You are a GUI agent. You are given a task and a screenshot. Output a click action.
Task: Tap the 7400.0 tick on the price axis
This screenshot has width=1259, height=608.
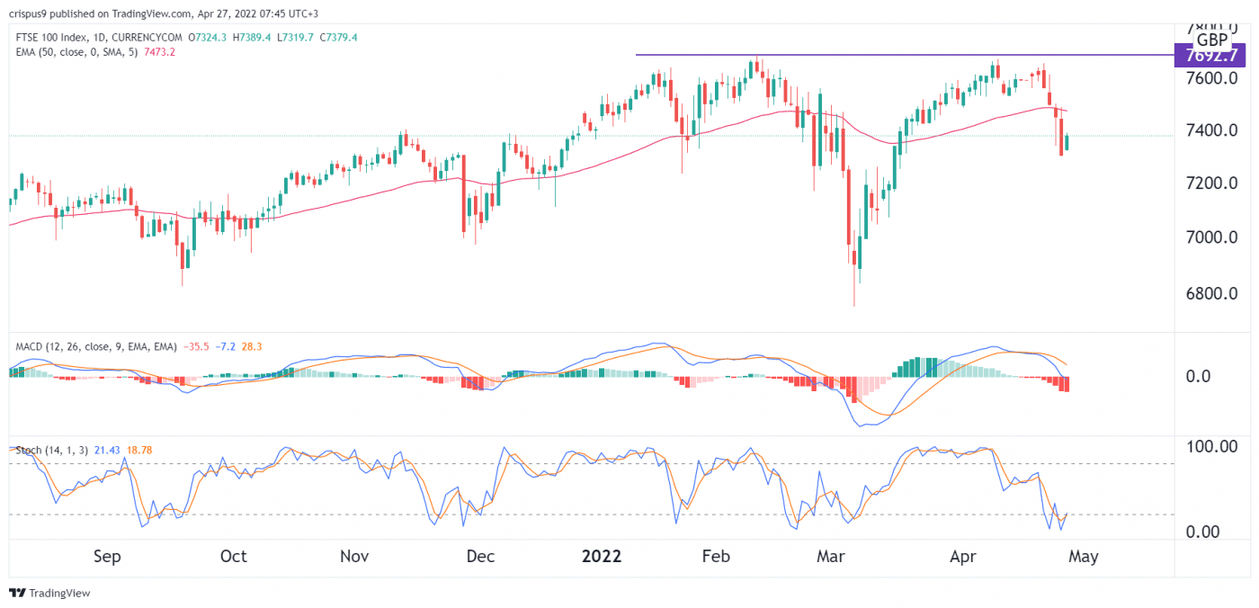(x=1209, y=131)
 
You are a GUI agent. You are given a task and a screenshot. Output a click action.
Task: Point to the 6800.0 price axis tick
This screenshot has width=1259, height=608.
(x=1209, y=293)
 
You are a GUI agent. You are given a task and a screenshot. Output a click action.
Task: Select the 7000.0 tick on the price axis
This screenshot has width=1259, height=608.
(x=1209, y=237)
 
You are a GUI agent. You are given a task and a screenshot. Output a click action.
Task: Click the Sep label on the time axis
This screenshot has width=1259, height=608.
(x=107, y=557)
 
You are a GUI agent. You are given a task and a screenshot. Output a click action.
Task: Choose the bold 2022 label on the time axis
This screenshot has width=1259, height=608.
(x=602, y=557)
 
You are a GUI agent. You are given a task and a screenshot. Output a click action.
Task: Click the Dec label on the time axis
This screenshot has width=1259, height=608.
(x=480, y=557)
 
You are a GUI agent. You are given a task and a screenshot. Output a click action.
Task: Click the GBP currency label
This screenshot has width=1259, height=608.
(x=1212, y=40)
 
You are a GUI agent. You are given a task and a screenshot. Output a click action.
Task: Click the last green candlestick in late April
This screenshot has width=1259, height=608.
(x=1067, y=142)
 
